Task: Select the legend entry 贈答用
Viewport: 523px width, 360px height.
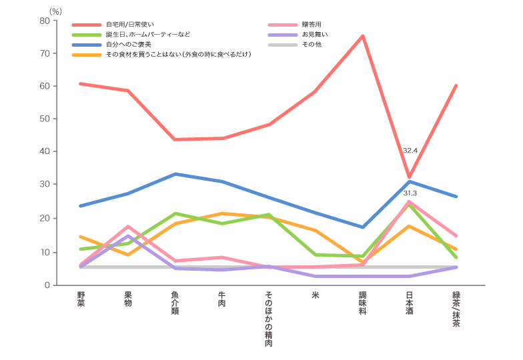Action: [312, 25]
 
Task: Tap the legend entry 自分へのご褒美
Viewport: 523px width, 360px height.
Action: [128, 44]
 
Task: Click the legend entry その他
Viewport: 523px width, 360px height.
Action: [312, 44]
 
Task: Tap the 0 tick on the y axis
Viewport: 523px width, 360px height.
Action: [47, 285]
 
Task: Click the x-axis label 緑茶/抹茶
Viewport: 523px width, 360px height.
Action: [456, 309]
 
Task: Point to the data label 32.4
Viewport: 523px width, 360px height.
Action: [410, 151]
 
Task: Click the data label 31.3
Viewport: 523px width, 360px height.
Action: [410, 193]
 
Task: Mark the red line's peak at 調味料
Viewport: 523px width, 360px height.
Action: [363, 36]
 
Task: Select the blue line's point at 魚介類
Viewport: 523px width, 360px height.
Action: [175, 174]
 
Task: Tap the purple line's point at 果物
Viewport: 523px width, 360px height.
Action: [127, 236]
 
